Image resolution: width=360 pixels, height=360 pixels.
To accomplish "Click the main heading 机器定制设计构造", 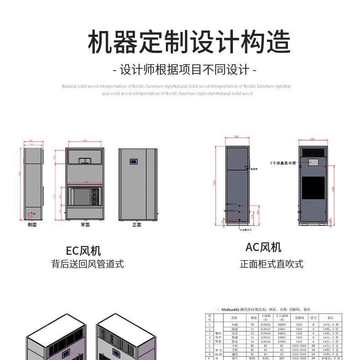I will coord(189,42).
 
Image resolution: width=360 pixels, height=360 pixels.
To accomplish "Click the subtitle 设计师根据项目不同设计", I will coord(185,70).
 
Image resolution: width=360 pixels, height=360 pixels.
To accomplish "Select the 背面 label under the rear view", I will coord(85,225).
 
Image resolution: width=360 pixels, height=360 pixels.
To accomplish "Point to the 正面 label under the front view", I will coord(137,225).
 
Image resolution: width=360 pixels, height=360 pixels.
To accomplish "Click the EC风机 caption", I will coord(83,251).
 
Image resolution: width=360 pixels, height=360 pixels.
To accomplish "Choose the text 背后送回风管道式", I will coord(87,264).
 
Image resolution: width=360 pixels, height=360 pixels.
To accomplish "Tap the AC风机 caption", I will coord(263,247).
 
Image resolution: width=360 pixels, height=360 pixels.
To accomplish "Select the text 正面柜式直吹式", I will coord(271,264).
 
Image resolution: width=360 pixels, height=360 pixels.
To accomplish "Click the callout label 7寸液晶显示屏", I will coord(283,163).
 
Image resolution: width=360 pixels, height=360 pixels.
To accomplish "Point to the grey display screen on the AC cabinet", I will coord(314,162).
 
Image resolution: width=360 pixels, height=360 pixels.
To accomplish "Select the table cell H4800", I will coord(281,324).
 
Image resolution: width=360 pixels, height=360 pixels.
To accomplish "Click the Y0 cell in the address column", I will coord(252,324).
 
